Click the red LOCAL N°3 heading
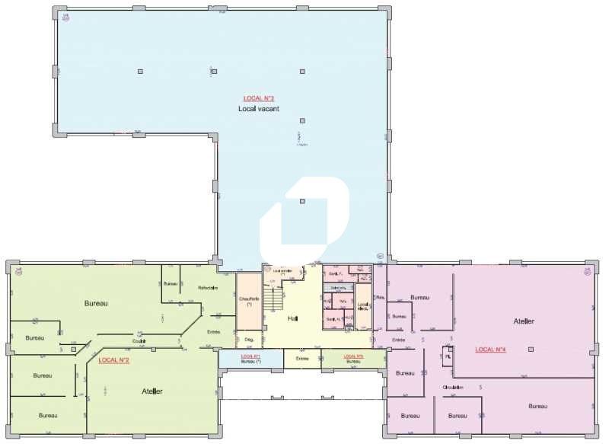coord(259,98)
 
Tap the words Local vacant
coord(259,109)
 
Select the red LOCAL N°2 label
coord(114,359)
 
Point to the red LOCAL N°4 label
coord(491,350)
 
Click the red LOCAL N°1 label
coord(250,356)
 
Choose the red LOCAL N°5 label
coord(353,356)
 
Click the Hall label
coord(293,319)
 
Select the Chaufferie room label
coord(249,301)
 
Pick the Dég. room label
coord(248,340)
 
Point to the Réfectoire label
coord(208,288)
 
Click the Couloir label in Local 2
coord(139,340)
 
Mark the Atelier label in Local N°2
coord(152,391)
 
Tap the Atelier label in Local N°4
coord(524,321)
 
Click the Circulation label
coord(454,387)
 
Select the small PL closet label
coord(448,356)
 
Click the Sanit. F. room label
coord(335,273)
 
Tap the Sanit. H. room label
coord(333,319)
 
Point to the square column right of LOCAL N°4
coord(531,350)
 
